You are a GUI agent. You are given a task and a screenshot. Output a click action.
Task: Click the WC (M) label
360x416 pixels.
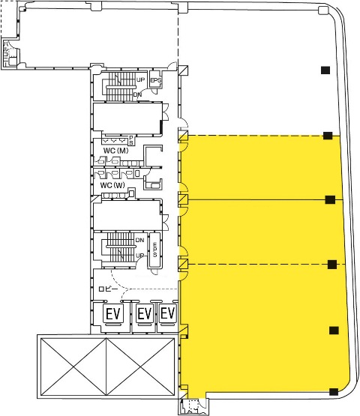115,151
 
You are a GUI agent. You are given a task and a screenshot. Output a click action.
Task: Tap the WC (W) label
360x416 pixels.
112,185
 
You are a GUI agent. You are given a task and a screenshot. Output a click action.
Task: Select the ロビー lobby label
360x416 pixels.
108,289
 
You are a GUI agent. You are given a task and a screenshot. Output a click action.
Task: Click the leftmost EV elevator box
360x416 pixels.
113,314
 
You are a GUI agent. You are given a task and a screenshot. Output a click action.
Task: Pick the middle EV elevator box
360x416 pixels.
145,313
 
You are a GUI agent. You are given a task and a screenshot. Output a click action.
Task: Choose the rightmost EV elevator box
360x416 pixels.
168,313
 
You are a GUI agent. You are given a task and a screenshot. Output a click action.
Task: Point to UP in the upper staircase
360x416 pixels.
141,79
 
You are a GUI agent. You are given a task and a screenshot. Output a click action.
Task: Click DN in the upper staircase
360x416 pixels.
137,94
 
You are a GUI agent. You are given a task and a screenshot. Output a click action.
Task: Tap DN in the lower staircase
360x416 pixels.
140,240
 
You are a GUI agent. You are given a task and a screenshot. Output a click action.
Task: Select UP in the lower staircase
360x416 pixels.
140,256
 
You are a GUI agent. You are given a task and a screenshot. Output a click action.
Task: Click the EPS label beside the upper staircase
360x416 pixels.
156,80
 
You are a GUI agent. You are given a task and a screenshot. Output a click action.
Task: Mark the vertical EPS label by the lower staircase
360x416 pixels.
155,250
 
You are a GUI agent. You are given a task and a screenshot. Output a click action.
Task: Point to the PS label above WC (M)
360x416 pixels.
131,140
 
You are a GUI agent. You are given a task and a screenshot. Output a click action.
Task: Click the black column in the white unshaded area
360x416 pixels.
325,70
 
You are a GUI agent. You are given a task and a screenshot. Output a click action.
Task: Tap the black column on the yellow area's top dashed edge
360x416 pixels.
328,136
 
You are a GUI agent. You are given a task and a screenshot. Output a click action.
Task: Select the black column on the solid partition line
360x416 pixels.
330,199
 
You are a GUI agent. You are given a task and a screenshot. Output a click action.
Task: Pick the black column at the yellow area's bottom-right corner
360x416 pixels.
334,391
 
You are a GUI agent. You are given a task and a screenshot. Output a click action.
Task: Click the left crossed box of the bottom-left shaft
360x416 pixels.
73,367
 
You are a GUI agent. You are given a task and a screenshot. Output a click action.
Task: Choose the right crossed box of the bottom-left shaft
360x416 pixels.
140,367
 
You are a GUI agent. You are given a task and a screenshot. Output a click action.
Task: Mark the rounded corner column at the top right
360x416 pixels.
323,10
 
